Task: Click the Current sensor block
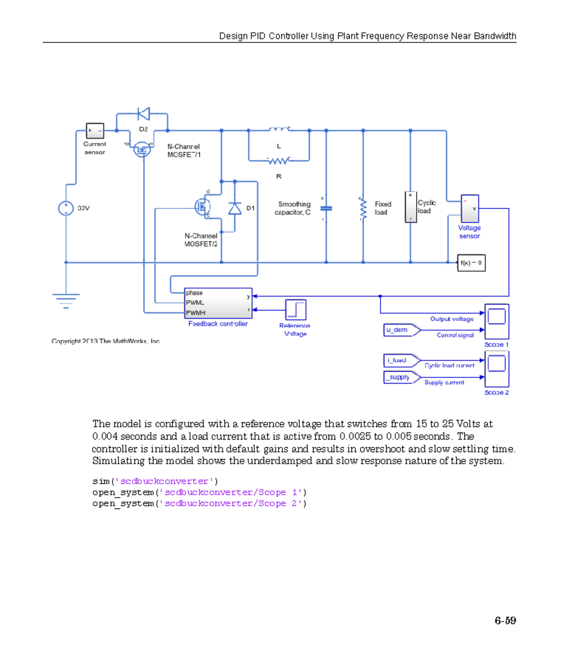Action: coord(95,131)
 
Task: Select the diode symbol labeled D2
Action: coord(143,114)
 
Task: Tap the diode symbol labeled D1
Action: coord(235,209)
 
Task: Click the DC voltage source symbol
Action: coord(66,208)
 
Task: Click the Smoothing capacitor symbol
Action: coord(326,208)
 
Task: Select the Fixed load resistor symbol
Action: coord(363,209)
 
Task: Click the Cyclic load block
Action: coord(410,207)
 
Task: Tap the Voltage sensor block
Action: coord(470,209)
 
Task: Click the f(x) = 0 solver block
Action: coord(471,262)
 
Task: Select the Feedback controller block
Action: coord(218,303)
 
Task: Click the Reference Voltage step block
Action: coord(296,310)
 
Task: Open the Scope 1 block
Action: coord(497,321)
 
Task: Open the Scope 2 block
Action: coord(497,369)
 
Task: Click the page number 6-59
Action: coord(505,621)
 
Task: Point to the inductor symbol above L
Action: coord(279,129)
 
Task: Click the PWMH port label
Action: coord(195,313)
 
